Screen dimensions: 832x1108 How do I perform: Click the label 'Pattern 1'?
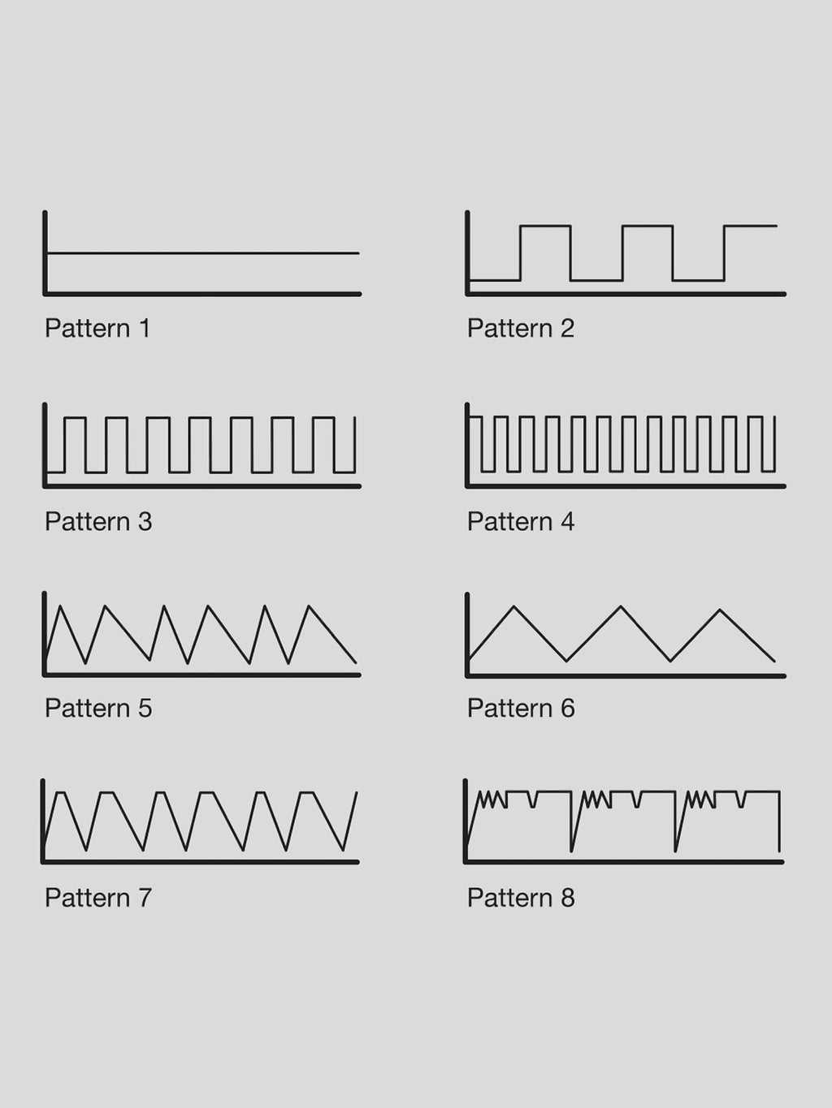coord(97,329)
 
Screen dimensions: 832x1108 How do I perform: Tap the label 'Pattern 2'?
coord(521,329)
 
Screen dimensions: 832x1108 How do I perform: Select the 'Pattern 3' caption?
coord(98,521)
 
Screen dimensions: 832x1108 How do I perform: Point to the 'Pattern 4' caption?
coord(521,521)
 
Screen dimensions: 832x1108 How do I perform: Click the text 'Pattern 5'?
coord(98,708)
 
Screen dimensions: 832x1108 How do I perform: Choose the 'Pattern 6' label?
coord(521,708)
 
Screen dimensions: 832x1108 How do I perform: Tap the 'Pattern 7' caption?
coord(98,898)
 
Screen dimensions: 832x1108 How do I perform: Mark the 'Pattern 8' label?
coord(521,898)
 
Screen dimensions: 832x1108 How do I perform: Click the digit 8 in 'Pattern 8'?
coord(568,898)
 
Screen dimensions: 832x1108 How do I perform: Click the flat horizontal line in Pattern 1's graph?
coord(203,253)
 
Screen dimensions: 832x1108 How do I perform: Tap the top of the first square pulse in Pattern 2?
coord(545,226)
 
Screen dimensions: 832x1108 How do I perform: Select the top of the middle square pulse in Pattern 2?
coord(647,226)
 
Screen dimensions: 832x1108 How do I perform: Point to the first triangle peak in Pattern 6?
coord(513,606)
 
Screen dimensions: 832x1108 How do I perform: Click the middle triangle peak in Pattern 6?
coord(621,606)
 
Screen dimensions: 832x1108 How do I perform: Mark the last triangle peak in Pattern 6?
coord(720,610)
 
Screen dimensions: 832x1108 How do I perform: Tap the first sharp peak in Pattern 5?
coord(60,606)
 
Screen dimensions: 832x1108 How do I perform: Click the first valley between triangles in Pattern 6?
coord(566,660)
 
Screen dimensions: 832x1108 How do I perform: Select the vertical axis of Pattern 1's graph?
coord(45,252)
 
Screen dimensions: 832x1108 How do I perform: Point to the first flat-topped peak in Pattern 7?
coord(61,793)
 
